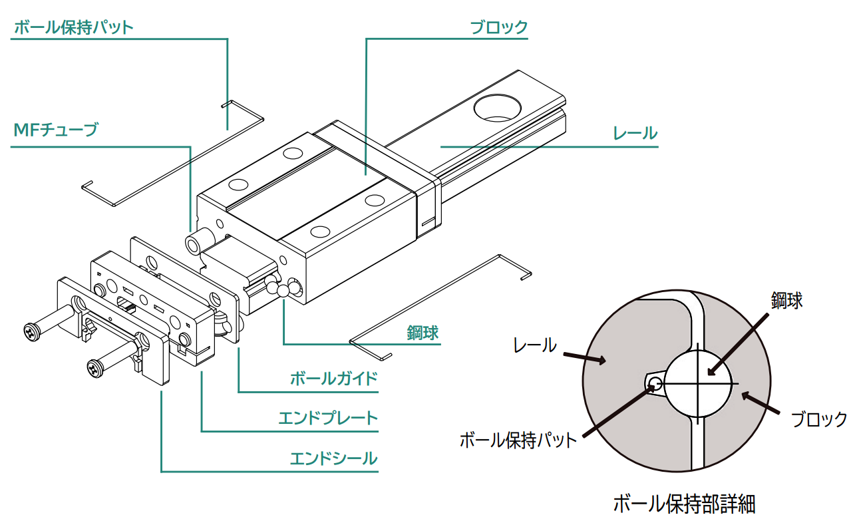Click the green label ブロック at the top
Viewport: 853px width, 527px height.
click(x=498, y=28)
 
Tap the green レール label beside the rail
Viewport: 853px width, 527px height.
click(x=635, y=134)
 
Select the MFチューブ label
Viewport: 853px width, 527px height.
click(x=55, y=129)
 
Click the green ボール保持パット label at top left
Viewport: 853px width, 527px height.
click(x=74, y=28)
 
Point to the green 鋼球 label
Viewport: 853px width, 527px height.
click(x=423, y=333)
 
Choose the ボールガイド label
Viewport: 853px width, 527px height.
click(x=334, y=379)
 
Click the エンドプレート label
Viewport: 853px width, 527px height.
click(x=328, y=419)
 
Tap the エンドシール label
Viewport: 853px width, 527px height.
click(x=334, y=459)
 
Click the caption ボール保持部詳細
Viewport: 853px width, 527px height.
click(x=683, y=504)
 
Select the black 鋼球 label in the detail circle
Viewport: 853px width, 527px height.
click(x=786, y=300)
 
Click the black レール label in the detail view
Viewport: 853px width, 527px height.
click(x=534, y=345)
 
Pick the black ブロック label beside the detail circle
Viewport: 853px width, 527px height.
click(x=818, y=419)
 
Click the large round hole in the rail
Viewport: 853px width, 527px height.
click(x=498, y=106)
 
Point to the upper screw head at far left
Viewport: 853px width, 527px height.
click(x=31, y=331)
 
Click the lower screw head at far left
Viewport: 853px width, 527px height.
click(x=95, y=367)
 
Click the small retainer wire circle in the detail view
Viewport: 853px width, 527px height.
click(x=655, y=383)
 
